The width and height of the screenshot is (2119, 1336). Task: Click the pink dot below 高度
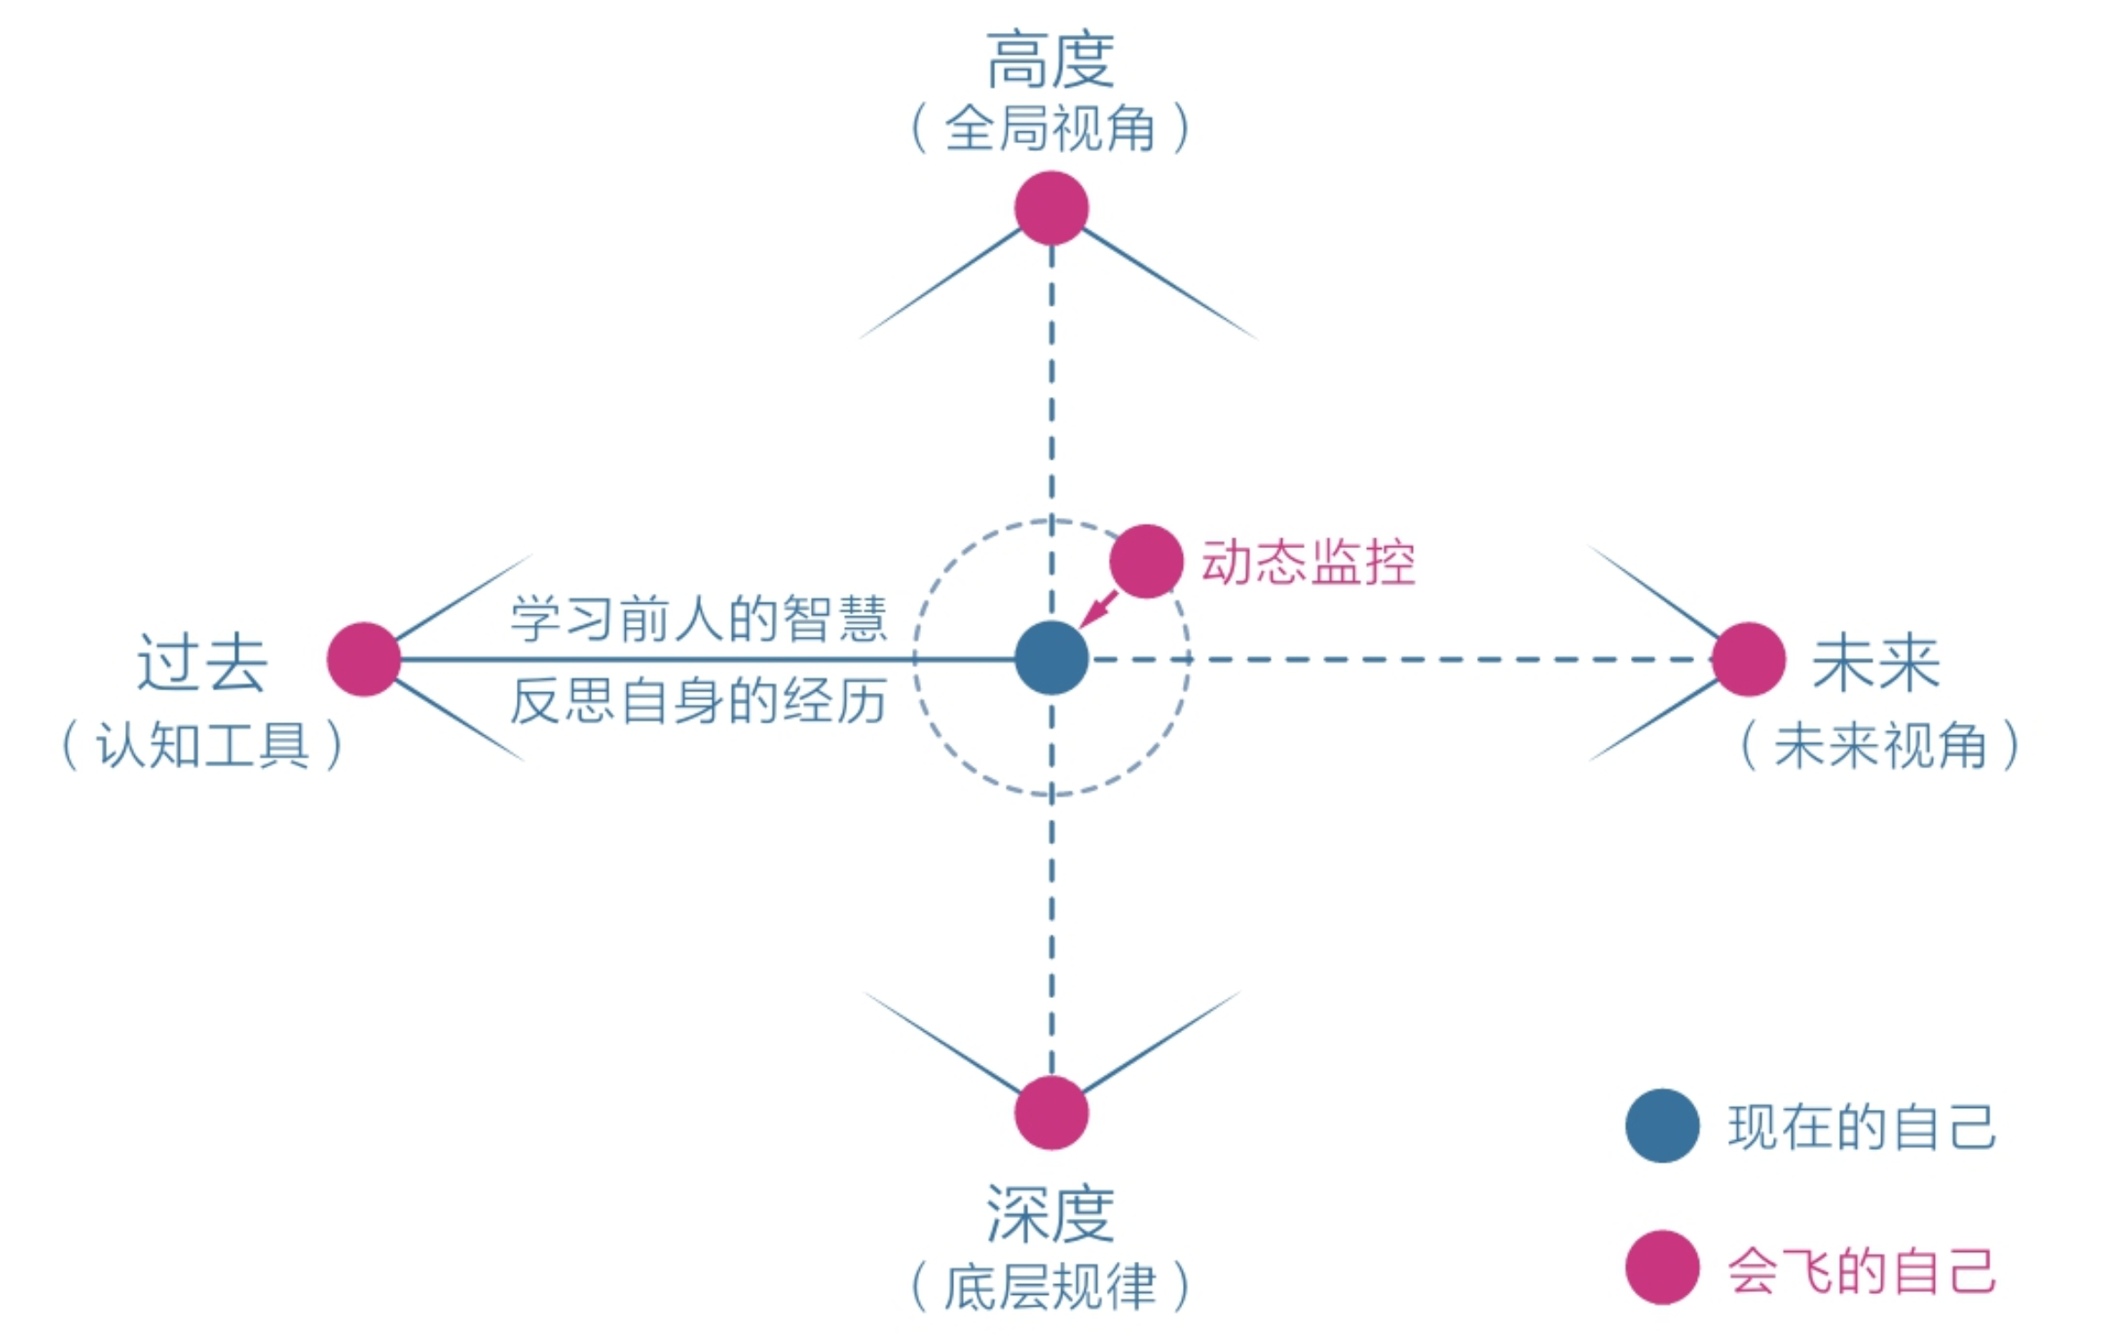pos(1051,208)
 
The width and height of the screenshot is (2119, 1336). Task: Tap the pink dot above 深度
pos(1051,1112)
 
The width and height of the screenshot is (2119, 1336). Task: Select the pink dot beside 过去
pos(364,659)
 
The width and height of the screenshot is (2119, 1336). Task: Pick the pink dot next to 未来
pos(1749,659)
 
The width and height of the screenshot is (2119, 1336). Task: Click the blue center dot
pos(1051,658)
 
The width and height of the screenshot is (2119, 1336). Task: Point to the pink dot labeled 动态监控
pos(1146,562)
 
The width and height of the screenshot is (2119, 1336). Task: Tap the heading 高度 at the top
pos(1051,61)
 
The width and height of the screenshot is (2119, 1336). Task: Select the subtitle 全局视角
pos(1051,129)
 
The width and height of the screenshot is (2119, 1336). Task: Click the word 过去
pos(202,664)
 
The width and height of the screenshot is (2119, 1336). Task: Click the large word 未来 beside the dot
pos(1876,664)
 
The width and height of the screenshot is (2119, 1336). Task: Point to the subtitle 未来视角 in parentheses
pos(1879,745)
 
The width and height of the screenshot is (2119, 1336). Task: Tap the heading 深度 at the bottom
pos(1051,1213)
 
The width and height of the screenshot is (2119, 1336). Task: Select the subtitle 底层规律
pos(1051,1287)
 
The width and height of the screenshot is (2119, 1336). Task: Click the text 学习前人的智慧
pos(698,619)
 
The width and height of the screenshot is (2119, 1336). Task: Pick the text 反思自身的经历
pos(698,700)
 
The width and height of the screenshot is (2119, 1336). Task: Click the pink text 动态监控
pos(1308,562)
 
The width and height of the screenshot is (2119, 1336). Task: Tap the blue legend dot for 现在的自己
pos(1662,1126)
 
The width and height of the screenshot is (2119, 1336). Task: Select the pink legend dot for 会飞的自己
pos(1662,1268)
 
